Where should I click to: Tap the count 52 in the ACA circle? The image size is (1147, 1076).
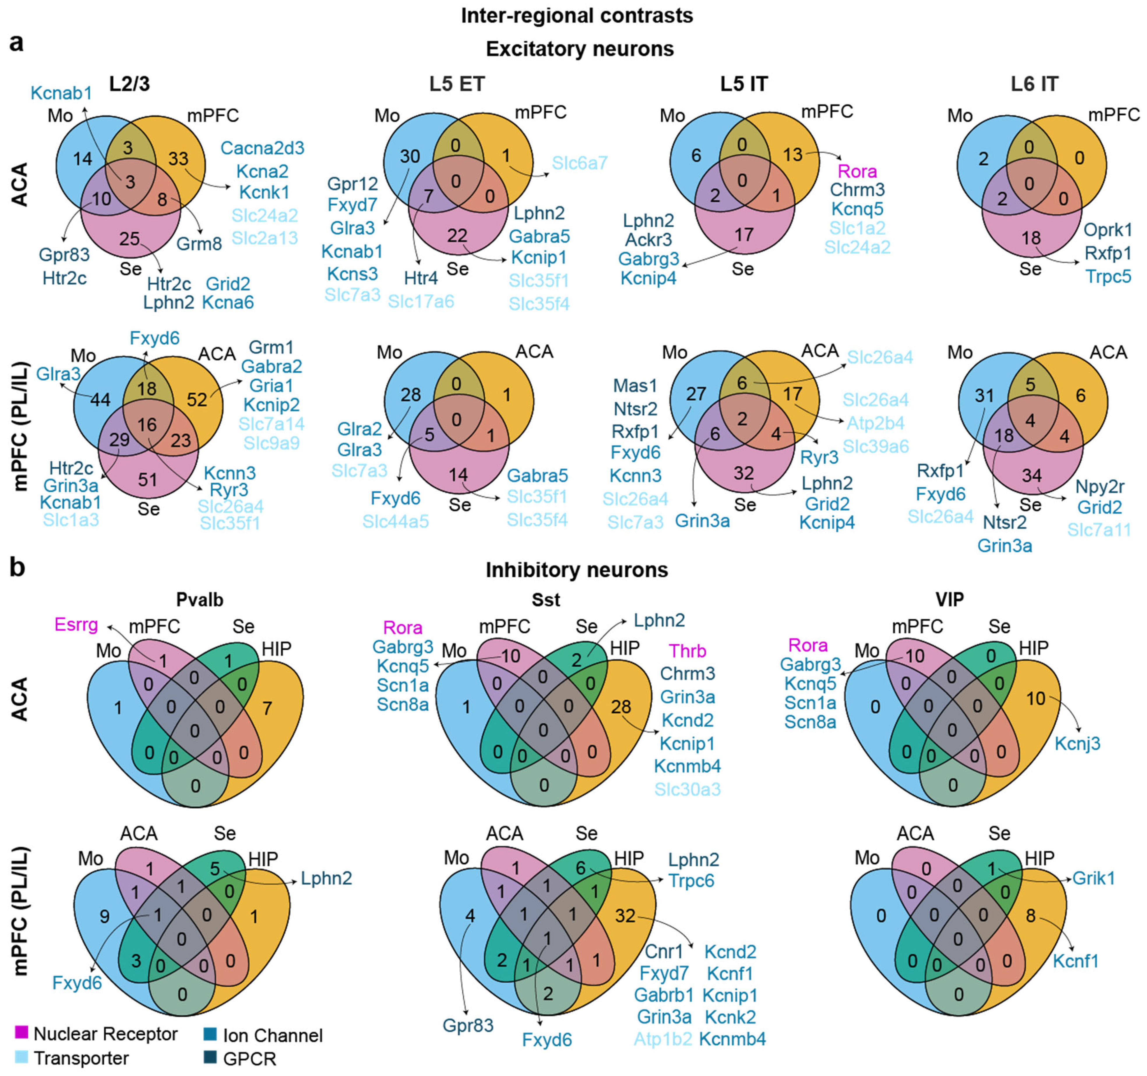pyautogui.click(x=197, y=399)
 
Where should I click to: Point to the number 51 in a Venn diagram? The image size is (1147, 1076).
pyautogui.click(x=148, y=479)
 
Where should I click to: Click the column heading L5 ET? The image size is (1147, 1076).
pyautogui.click(x=457, y=84)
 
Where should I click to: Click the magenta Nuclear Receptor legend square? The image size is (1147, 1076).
pyautogui.click(x=21, y=1031)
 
